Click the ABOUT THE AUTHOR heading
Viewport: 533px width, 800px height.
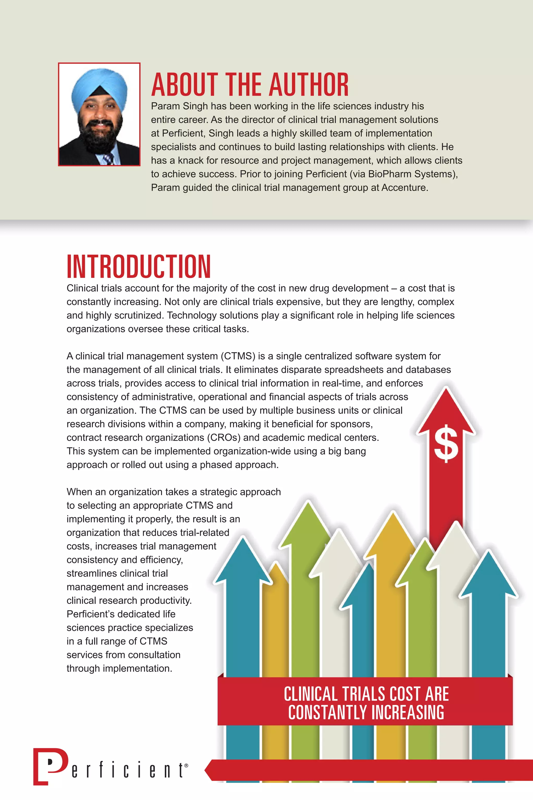click(x=250, y=85)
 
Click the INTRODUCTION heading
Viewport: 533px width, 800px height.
click(x=139, y=267)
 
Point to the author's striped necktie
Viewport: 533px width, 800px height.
click(x=108, y=159)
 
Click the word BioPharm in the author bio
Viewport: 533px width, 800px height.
click(x=386, y=174)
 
